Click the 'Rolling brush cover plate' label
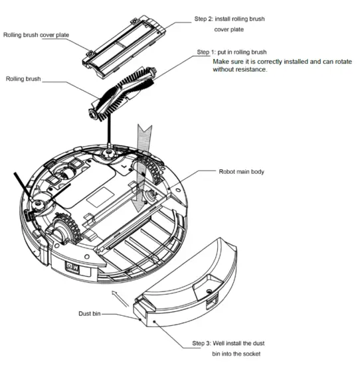(x=37, y=35)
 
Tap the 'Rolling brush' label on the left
(x=24, y=79)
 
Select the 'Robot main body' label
(x=241, y=172)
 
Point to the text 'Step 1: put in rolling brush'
(x=232, y=52)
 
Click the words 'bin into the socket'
(x=242, y=356)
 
